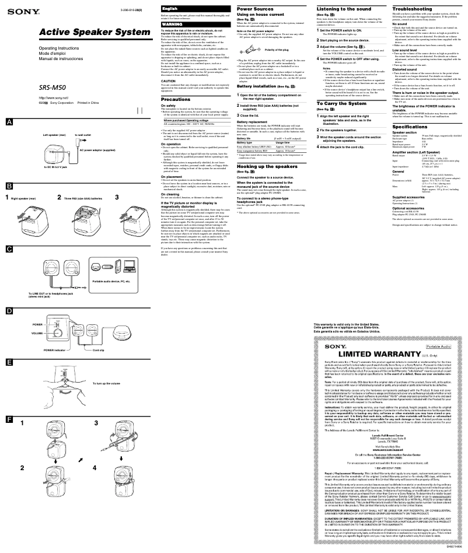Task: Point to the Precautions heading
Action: pyautogui.click(x=176, y=100)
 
